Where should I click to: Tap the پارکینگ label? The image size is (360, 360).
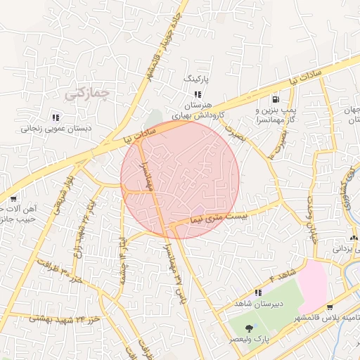(198, 79)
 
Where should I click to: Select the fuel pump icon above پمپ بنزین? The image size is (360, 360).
(274, 99)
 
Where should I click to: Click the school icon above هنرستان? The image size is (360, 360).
(198, 94)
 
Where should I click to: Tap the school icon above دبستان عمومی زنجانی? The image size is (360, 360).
(55, 117)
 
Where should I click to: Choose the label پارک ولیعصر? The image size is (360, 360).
(251, 339)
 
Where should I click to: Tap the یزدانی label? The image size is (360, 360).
(346, 248)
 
